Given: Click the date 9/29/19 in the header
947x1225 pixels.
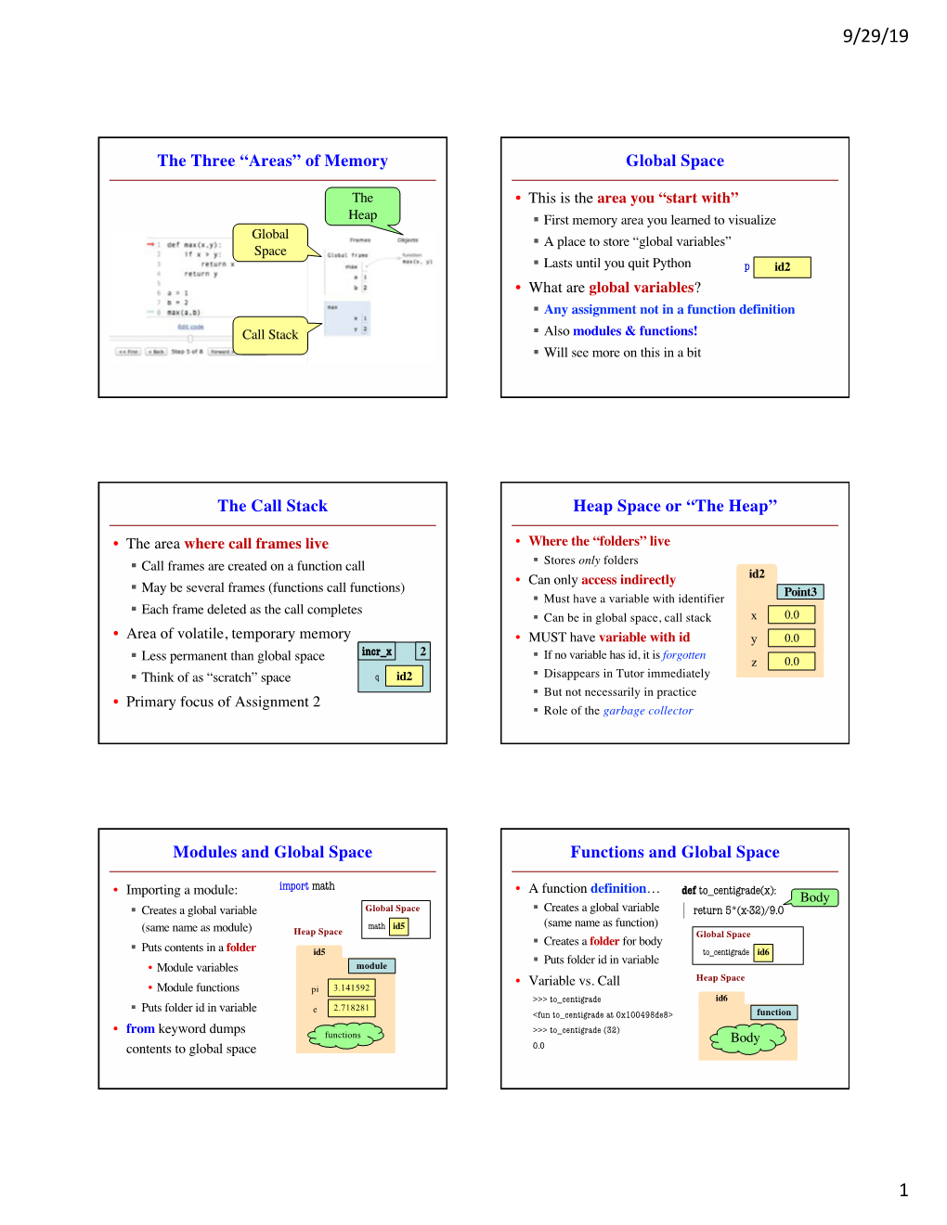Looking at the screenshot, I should pos(875,36).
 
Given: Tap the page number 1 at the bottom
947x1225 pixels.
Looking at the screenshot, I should pos(902,1190).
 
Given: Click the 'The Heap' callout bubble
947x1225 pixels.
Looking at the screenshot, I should pos(362,206).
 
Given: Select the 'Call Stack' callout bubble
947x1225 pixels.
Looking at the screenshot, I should pos(270,335).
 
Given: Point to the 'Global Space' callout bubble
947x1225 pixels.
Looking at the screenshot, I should pos(270,242).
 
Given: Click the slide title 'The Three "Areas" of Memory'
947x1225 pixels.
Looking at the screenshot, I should pos(272,161).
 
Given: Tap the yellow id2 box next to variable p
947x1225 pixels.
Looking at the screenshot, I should pos(782,267).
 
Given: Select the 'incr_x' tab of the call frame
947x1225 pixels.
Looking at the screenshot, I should pos(377,651).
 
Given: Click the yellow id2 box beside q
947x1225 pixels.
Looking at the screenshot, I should pos(404,677).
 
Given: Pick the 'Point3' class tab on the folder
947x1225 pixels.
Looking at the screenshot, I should pos(799,592).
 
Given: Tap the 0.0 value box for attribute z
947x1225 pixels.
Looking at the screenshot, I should pos(791,662).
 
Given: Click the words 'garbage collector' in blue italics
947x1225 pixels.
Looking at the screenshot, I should pos(648,711).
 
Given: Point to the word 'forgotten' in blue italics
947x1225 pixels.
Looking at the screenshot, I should pos(683,655).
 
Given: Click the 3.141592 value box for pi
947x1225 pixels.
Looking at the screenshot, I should pos(351,988).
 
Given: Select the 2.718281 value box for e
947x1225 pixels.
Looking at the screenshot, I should pos(351,1008).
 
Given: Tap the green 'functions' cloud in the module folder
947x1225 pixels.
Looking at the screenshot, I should pos(343,1036).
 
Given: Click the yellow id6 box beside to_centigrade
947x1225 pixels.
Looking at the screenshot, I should pos(762,952).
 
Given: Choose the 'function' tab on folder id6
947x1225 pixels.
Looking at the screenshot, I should pos(773,1012).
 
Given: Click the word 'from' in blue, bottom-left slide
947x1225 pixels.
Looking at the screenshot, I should pos(140,1028).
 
